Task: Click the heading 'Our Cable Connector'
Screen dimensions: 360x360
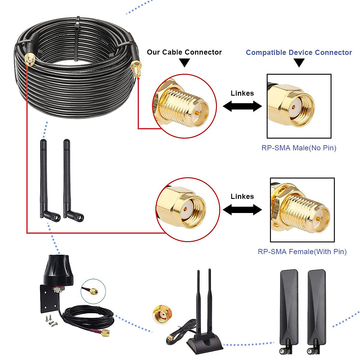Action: pos(184,52)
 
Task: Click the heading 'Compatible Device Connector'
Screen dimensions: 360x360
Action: pos(299,52)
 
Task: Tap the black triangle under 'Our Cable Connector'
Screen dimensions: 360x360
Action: pos(184,62)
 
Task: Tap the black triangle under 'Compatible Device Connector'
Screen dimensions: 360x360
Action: pos(299,62)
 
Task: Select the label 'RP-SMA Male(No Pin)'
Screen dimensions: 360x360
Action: pos(299,148)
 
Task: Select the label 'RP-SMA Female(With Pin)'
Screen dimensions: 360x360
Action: pos(302,252)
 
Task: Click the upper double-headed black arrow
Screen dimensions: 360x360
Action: pos(242,106)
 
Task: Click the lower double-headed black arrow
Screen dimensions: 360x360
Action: pos(242,210)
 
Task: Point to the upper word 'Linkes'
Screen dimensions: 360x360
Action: pos(242,93)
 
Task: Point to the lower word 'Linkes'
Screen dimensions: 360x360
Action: pos(242,196)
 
